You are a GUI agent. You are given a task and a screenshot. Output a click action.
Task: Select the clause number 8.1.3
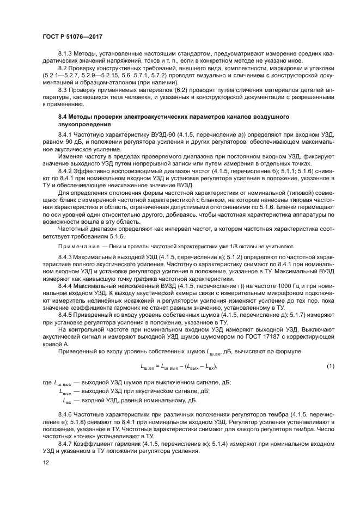66,55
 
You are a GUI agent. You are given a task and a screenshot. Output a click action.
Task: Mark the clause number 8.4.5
66,315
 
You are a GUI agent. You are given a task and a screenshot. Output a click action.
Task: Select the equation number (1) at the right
330,366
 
